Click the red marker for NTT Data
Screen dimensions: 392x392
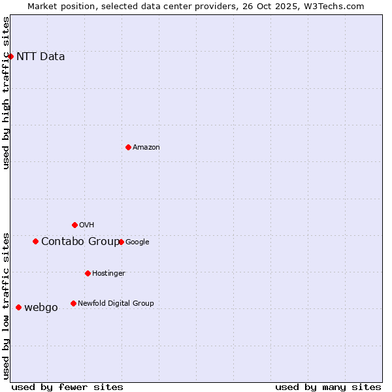point(10,56)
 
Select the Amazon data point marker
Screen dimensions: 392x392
point(128,147)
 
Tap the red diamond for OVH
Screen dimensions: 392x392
point(74,225)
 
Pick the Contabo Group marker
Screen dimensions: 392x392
point(35,241)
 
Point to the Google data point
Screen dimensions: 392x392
point(121,242)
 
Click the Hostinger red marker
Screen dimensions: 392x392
point(88,273)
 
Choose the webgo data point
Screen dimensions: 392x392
point(18,307)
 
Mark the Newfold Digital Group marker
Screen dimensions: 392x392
point(73,303)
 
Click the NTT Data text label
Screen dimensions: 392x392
point(41,56)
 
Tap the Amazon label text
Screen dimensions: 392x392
point(146,147)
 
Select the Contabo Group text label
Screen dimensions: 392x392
point(80,241)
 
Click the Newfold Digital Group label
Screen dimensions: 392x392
point(116,303)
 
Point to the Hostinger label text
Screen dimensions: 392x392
point(108,273)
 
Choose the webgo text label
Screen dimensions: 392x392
point(41,307)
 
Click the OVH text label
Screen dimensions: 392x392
point(86,225)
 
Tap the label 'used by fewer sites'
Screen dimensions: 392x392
point(67,387)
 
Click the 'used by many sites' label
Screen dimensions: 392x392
point(328,387)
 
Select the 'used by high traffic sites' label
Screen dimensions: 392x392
point(6,93)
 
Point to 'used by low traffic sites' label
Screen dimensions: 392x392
point(6,306)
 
